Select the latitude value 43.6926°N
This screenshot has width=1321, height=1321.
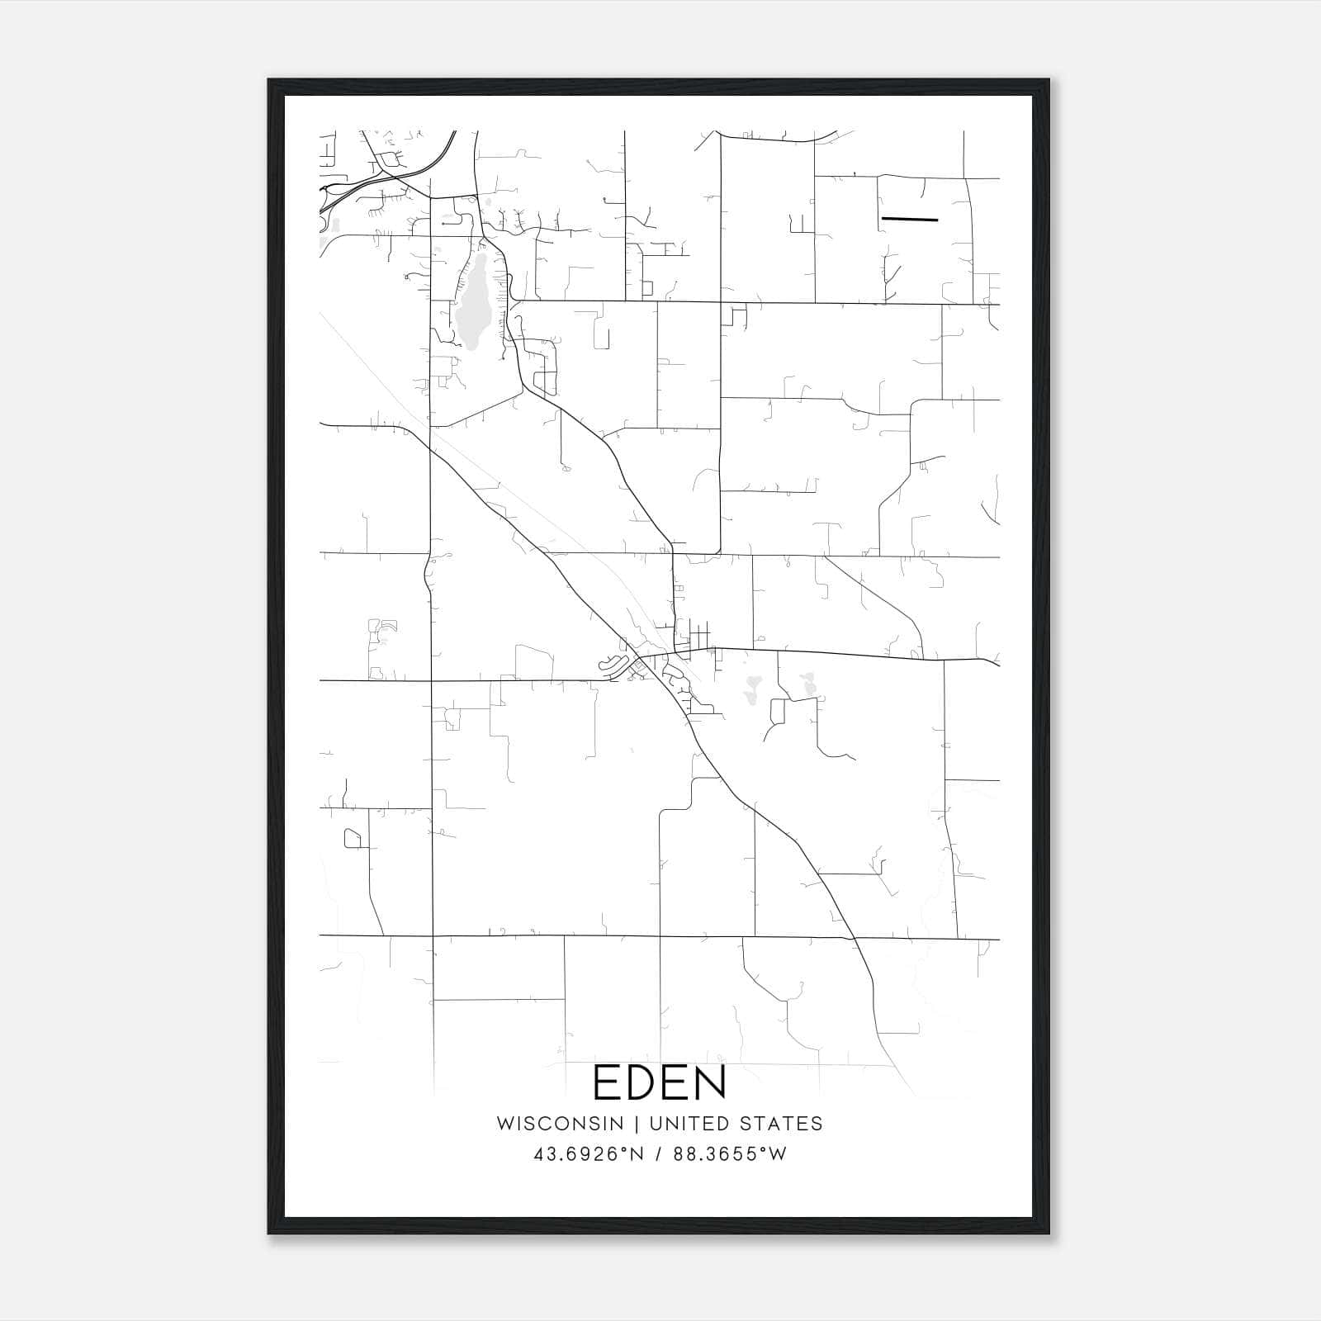pyautogui.click(x=588, y=1154)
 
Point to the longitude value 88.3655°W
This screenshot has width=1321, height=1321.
pyautogui.click(x=730, y=1154)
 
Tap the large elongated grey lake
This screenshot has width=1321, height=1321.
pyautogui.click(x=473, y=301)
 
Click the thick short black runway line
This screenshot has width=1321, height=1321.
pyautogui.click(x=910, y=220)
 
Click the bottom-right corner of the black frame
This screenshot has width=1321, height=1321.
pyautogui.click(x=1049, y=1233)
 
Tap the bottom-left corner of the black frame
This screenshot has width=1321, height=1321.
pyautogui.click(x=269, y=1233)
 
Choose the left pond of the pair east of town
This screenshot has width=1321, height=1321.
pyautogui.click(x=752, y=689)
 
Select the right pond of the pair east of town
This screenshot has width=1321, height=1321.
pyautogui.click(x=807, y=684)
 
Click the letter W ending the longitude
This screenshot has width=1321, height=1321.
pyautogui.click(x=778, y=1154)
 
